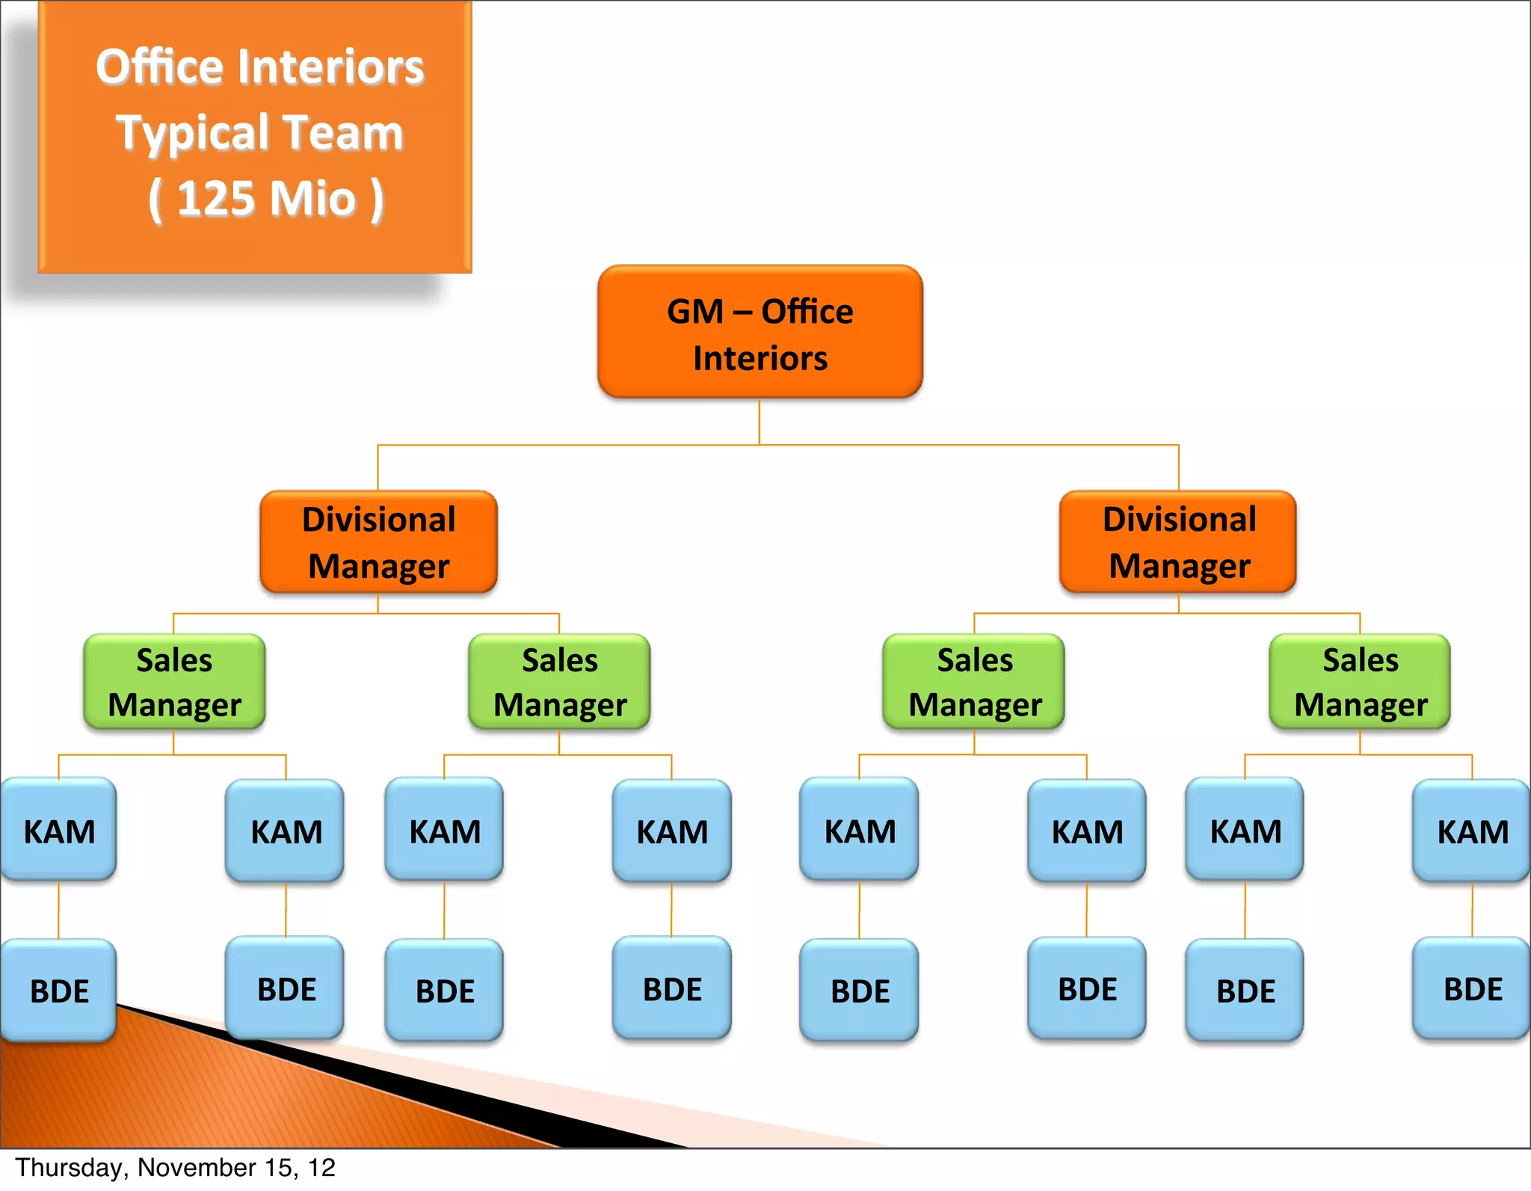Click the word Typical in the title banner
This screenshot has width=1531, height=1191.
tap(191, 133)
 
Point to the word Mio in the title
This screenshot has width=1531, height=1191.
tap(312, 199)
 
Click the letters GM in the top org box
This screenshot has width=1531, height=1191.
tap(694, 312)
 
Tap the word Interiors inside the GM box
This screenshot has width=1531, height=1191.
tap(760, 359)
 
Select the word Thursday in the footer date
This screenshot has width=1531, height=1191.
tap(71, 1168)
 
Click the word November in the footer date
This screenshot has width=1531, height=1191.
tap(197, 1168)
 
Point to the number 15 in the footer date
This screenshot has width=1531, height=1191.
tap(281, 1168)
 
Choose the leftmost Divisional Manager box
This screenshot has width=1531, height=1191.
tap(378, 542)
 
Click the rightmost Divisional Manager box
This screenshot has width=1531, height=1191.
tap(1178, 542)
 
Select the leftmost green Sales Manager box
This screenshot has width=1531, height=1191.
tap(174, 682)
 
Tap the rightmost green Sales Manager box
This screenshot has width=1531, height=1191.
tap(1360, 682)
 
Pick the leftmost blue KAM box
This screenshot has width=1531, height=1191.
tap(59, 830)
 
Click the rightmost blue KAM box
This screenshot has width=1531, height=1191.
tap(1472, 831)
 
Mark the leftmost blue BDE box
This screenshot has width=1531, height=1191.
tap(59, 990)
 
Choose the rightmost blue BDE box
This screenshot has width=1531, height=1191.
tap(1472, 988)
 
